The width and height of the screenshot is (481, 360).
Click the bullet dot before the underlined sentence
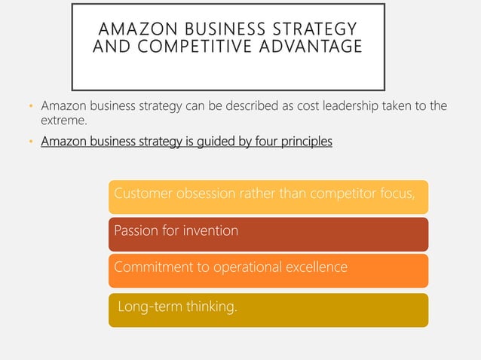click(x=30, y=141)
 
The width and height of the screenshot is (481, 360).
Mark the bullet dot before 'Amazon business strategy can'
click(x=30, y=106)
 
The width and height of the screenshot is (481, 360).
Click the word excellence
click(x=317, y=267)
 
